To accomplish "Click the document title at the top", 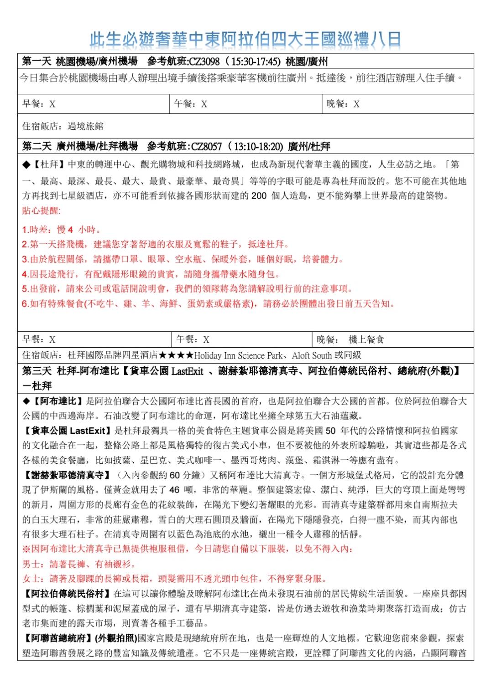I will tap(245, 40).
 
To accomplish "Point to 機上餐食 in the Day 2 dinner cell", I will tap(366, 339).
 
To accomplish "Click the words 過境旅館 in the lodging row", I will tap(85, 126).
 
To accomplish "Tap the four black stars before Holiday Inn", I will tap(176, 355).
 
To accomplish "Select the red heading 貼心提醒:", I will tap(41, 210).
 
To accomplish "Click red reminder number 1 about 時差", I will tap(62, 230).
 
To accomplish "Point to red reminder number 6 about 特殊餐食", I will tap(208, 303).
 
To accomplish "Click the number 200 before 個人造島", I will tap(259, 196).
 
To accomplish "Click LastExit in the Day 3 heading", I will tap(187, 371).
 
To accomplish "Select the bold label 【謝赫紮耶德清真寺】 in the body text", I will tap(67, 475).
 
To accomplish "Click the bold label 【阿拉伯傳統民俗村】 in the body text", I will tap(67, 594).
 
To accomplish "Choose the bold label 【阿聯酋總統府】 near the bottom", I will tap(57, 638).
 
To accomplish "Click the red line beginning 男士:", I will tap(78, 564).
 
